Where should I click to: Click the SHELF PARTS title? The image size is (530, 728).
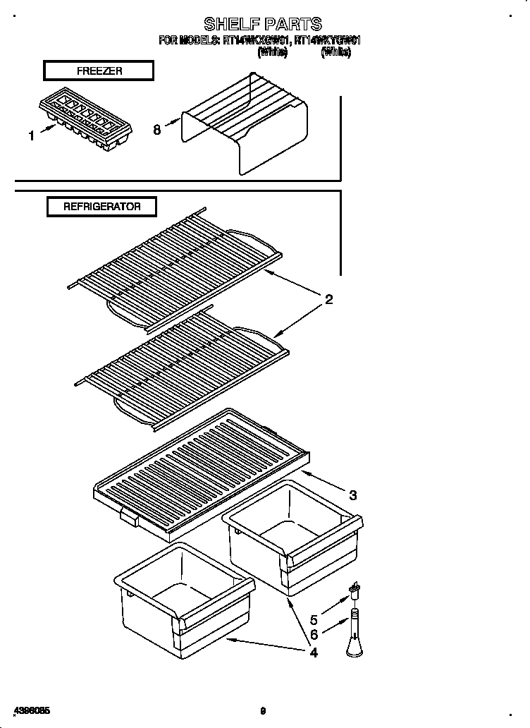tap(262, 24)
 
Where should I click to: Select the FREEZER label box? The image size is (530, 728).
tap(99, 71)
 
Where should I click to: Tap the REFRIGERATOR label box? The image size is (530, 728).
tap(101, 207)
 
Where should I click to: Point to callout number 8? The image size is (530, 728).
tap(156, 130)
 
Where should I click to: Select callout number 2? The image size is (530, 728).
tap(328, 301)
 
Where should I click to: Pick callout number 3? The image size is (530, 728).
tap(352, 495)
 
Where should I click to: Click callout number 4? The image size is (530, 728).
tap(313, 653)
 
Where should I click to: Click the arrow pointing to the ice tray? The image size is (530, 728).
tap(47, 128)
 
